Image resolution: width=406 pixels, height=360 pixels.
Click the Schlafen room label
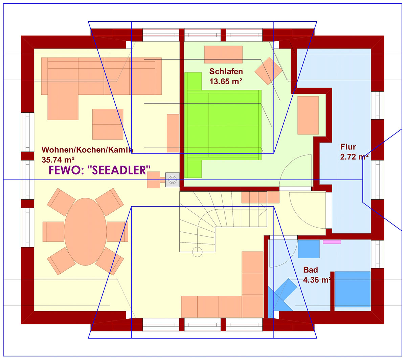pyautogui.click(x=226, y=71)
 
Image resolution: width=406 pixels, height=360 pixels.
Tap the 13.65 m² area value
pyautogui.click(x=226, y=81)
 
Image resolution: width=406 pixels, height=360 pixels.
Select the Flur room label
pyautogui.click(x=348, y=147)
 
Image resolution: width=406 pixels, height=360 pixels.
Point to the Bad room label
pyautogui.click(x=311, y=270)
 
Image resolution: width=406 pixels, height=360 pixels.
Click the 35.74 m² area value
pyautogui.click(x=58, y=160)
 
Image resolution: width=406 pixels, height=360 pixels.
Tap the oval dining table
pyautogui.click(x=85, y=232)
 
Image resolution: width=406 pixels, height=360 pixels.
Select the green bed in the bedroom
pyautogui.click(x=223, y=125)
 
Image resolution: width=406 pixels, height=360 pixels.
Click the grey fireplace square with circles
pyautogui.click(x=172, y=180)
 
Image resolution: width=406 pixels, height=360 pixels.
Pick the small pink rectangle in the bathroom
pyautogui.click(x=332, y=242)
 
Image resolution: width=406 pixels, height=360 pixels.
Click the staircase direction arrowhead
pyautogui.click(x=263, y=209)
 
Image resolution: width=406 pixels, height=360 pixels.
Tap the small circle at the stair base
pyautogui.click(x=197, y=252)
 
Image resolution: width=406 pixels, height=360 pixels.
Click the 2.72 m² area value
pyautogui.click(x=354, y=157)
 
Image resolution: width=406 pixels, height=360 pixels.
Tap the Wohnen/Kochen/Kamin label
pyautogui.click(x=87, y=150)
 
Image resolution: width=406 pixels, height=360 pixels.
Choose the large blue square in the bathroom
pyautogui.click(x=353, y=289)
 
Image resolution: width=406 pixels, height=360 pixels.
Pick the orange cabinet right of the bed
pyautogui.click(x=308, y=115)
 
